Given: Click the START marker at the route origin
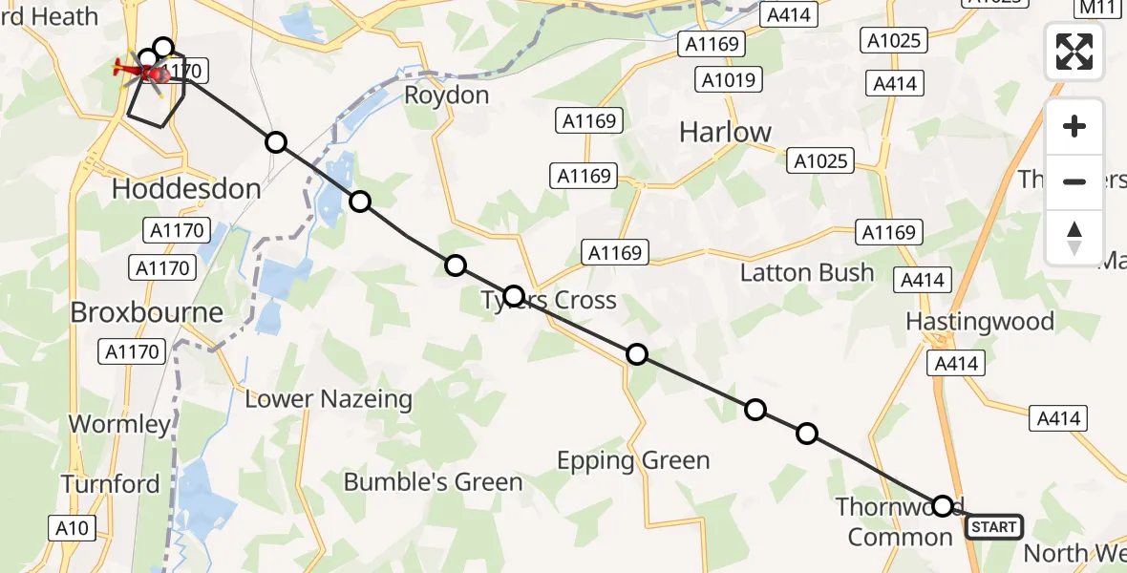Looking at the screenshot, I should (993, 527).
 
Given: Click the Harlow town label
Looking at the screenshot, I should (725, 132).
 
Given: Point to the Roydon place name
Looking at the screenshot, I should (447, 95).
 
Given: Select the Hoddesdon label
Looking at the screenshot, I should (186, 188).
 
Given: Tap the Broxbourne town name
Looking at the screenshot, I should (146, 312).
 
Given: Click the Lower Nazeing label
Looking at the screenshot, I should (329, 399).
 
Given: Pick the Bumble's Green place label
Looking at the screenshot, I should (433, 482).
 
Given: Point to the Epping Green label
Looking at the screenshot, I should (633, 461).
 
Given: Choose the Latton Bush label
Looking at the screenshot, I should (807, 273).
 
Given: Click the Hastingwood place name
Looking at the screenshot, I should (979, 321).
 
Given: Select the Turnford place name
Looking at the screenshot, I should (111, 484).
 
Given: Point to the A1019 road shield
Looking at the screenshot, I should (728, 80).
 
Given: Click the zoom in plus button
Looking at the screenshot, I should (1074, 126).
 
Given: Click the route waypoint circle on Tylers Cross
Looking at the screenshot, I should (514, 296).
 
